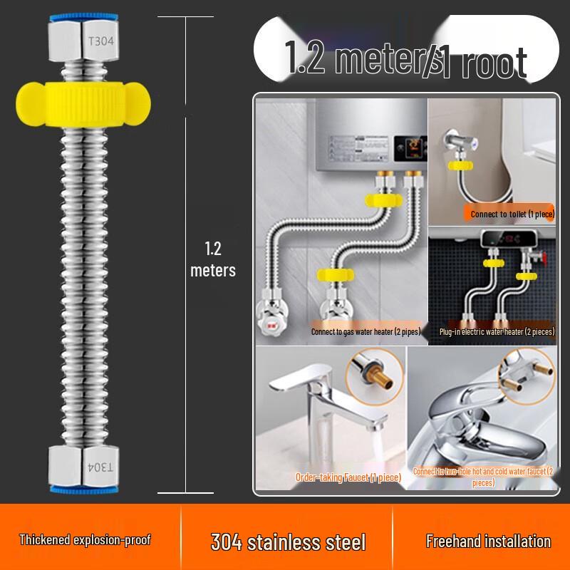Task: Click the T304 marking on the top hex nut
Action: (x=100, y=41)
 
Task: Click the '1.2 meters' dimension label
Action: (x=212, y=259)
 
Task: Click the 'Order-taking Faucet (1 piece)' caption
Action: (x=348, y=477)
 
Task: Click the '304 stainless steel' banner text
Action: (x=288, y=541)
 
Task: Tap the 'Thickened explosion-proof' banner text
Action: (x=85, y=540)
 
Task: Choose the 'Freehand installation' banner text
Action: (x=488, y=541)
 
